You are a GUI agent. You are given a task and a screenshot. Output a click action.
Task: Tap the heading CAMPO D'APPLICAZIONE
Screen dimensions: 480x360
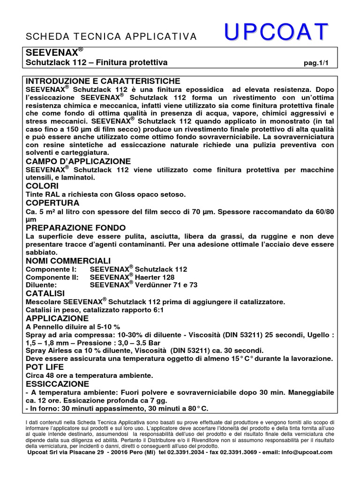(x=78, y=161)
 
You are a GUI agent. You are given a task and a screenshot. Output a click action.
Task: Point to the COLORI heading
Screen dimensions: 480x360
(x=43, y=186)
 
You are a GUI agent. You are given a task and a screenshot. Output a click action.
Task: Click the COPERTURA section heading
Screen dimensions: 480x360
(x=52, y=203)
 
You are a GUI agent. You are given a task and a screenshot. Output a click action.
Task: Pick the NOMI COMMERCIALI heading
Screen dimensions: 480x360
(x=67, y=261)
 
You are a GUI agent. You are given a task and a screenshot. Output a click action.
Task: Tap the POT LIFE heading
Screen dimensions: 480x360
(x=44, y=367)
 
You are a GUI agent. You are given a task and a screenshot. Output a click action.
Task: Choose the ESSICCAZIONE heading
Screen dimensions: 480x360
(x=57, y=383)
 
